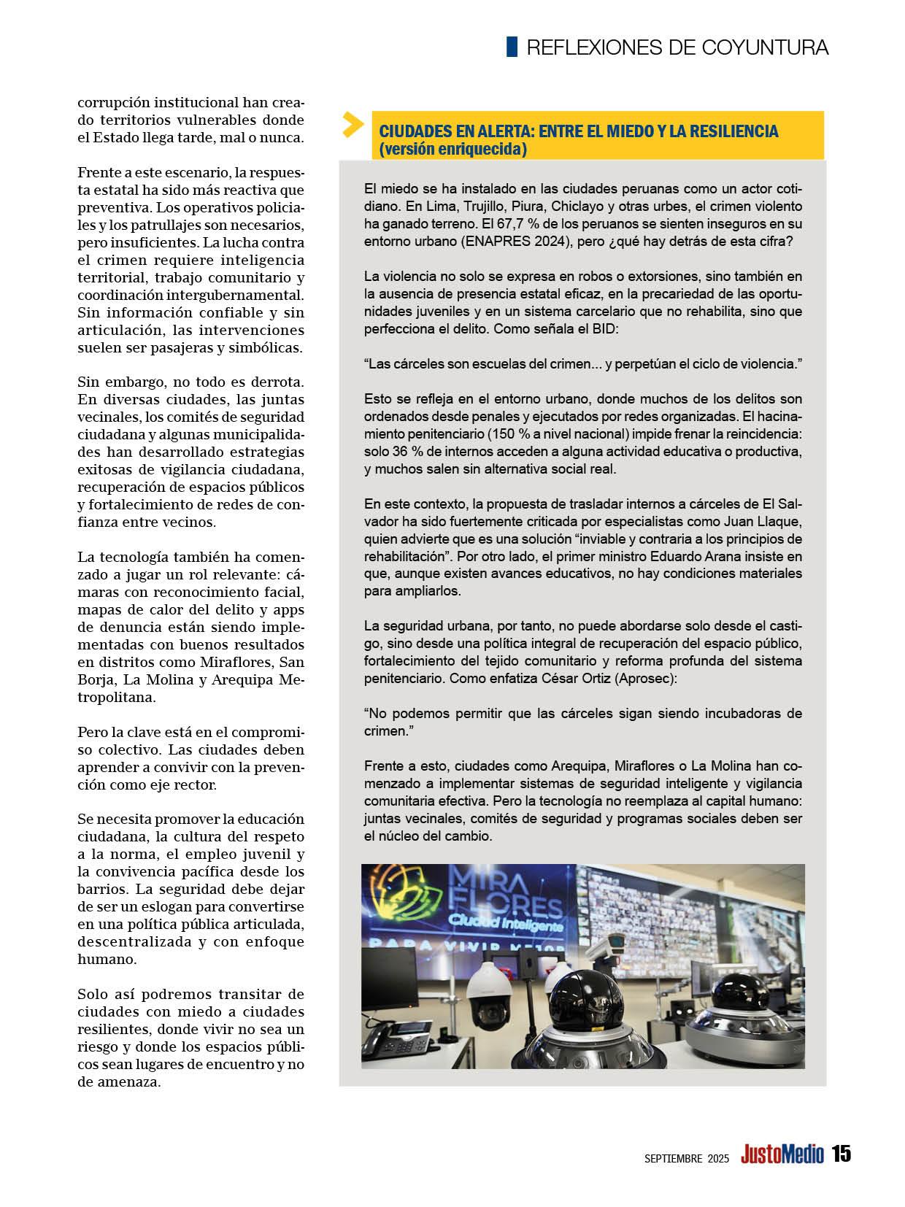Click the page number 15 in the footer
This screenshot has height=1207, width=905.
point(841,1154)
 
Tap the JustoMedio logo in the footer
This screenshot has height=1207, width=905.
point(782,1154)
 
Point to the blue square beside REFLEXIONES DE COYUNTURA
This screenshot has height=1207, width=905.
point(512,47)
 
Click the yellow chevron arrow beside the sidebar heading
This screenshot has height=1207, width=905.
point(353,125)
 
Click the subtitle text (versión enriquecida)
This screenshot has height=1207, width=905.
point(452,149)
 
